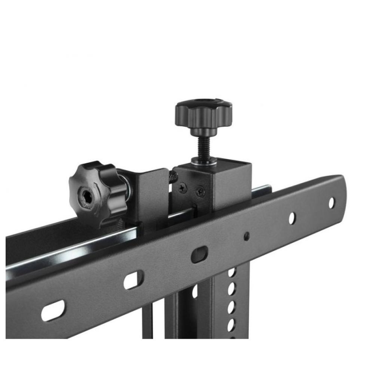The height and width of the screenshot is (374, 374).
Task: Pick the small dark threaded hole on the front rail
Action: (246, 236)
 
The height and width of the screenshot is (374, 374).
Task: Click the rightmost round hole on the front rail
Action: (331, 202)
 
